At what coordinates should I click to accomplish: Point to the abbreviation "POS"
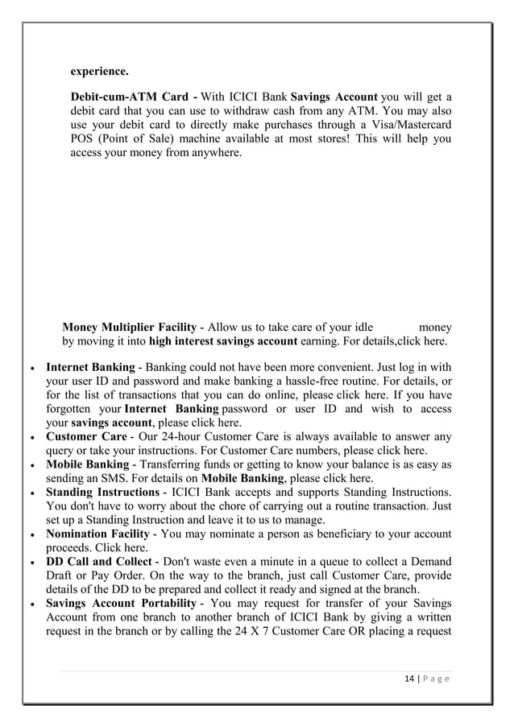83,138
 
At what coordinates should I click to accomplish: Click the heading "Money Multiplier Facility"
129,328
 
